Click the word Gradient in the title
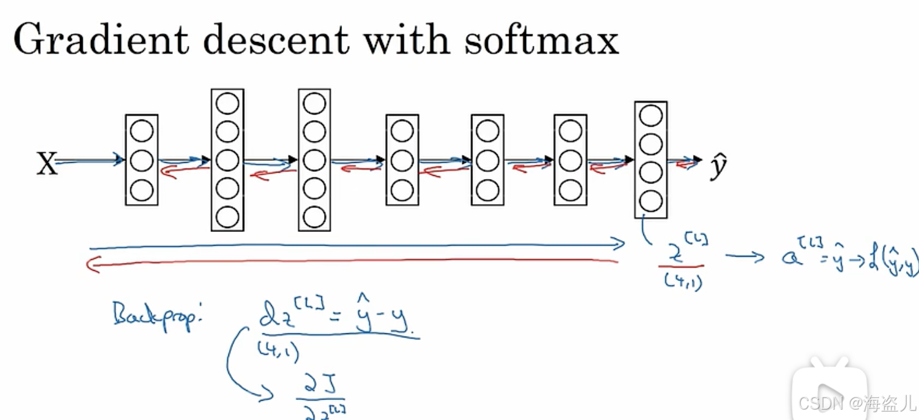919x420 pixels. coord(100,40)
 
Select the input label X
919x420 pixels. coord(46,164)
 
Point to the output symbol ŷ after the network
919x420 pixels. coord(718,167)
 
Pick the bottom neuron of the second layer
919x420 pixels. coord(227,217)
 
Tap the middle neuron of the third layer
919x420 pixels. coord(314,160)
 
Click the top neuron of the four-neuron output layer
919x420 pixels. coord(651,116)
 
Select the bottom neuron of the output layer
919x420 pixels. coord(651,202)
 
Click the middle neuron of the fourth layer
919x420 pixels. coord(402,160)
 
